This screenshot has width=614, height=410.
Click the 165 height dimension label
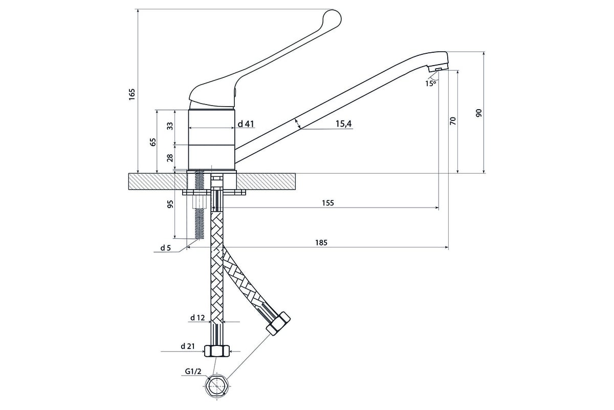point(131,94)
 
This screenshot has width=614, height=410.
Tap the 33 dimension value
point(170,126)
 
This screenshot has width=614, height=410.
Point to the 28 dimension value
point(170,158)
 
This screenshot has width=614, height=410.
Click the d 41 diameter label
point(246,124)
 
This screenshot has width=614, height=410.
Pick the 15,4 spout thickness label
point(344,124)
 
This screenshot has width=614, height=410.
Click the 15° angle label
point(430,83)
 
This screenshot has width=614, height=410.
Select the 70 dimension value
point(453,121)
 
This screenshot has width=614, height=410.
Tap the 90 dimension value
point(479,113)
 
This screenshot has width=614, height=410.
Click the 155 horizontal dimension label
point(328,203)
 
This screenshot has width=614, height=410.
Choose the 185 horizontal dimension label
point(321,242)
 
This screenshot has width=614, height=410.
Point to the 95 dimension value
point(170,204)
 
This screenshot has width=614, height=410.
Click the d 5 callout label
point(165,248)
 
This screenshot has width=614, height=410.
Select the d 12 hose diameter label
point(197,318)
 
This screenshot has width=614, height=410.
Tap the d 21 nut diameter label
point(187,346)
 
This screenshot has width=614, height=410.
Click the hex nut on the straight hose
point(217,351)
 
